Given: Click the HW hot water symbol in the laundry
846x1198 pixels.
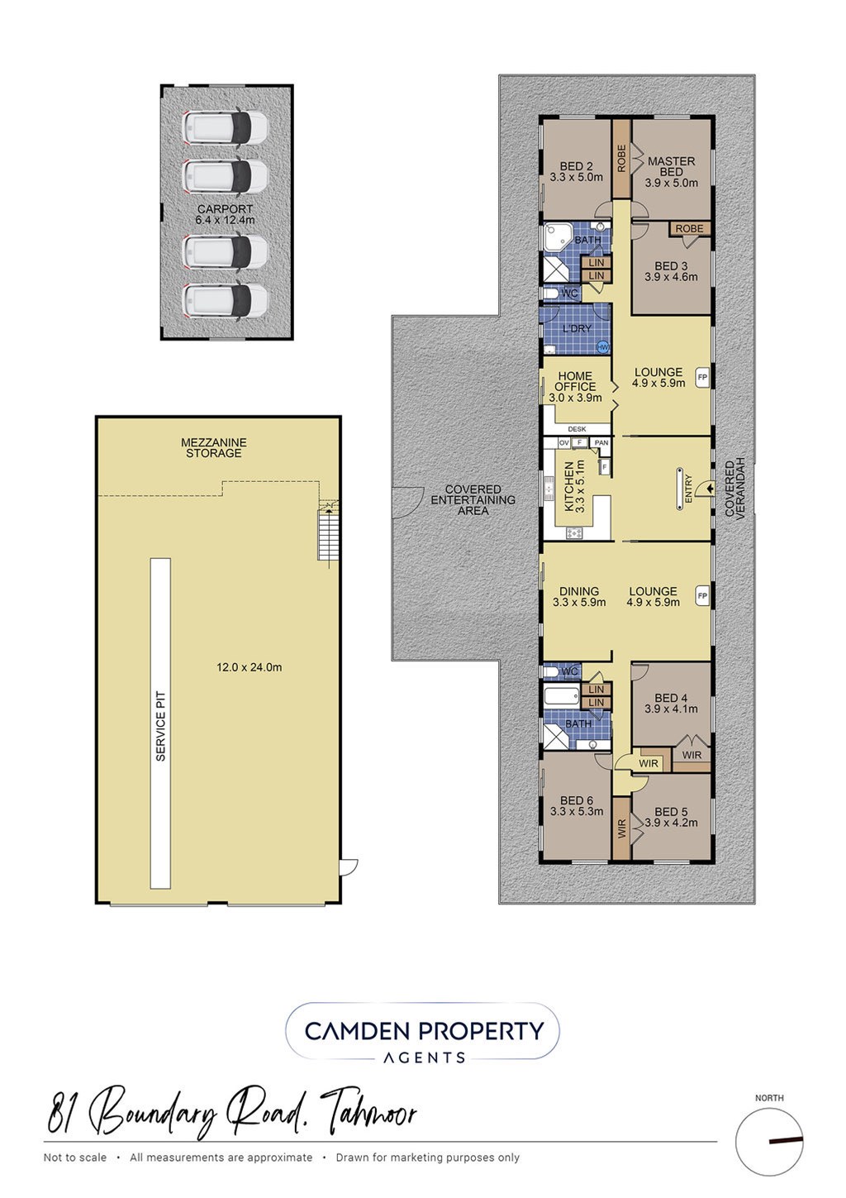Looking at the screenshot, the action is coord(603,347).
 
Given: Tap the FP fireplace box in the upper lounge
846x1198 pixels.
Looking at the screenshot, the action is coord(702,377).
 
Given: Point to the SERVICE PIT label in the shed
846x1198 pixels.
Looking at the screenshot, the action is coord(161,726).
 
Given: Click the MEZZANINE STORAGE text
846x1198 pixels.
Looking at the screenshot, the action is coord(214,447).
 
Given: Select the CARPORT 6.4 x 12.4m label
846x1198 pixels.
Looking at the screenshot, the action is coord(226,214).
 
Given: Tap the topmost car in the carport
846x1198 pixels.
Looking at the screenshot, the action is coord(225,127).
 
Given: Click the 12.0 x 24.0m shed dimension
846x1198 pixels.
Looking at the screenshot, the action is coord(249,667).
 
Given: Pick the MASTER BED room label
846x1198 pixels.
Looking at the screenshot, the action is coord(671,166).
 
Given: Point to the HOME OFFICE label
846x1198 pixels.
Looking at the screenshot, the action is coord(575,381).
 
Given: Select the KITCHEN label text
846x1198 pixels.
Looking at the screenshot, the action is coord(569,487).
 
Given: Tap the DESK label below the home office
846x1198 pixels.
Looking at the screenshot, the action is coord(577,429).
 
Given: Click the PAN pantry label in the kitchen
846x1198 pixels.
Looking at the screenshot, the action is coord(601,443).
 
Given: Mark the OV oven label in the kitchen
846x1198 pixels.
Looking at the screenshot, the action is coord(564,443).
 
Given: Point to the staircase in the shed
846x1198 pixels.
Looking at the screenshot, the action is coord(327,533).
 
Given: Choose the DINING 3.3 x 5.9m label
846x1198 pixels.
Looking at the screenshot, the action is coord(579,596).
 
